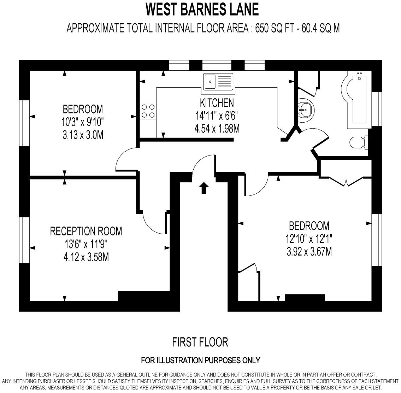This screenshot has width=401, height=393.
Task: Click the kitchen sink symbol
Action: point(218,81)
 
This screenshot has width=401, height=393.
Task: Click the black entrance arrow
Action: point(204,188)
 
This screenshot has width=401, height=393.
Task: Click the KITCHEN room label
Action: point(217,103)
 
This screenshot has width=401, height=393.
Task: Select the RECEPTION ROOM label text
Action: point(86,231)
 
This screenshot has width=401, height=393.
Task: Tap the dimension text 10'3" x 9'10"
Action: point(83,122)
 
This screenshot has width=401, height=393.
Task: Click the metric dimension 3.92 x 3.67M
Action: point(309,252)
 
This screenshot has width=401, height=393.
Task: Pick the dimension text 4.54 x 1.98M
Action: point(217,128)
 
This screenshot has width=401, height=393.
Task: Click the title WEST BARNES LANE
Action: point(202,10)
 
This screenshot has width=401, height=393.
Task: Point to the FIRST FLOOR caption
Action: point(200,342)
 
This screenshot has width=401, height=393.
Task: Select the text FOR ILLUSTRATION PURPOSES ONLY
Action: point(200,360)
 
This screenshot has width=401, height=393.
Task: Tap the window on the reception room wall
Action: point(24,240)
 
